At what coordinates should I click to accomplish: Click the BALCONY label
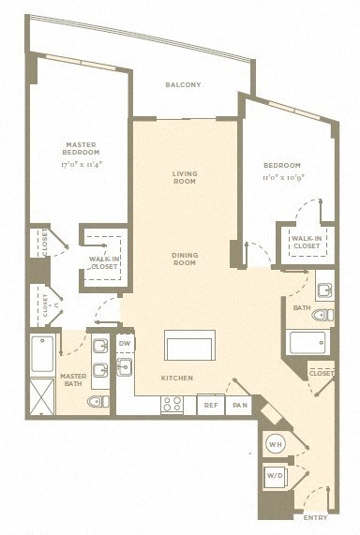tap(183, 85)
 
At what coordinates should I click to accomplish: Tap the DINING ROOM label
tap(184, 258)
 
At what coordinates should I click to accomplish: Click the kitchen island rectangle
tap(189, 345)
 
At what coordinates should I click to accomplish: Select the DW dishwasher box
tap(125, 344)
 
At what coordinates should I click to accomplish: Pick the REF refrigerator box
tap(211, 405)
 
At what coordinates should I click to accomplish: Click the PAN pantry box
tap(239, 405)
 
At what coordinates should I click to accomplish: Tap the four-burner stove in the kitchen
tap(172, 405)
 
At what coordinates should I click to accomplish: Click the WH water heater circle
tap(276, 442)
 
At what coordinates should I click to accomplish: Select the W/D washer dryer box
tap(276, 476)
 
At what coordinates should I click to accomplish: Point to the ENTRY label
tap(316, 517)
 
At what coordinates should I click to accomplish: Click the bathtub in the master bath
tap(43, 354)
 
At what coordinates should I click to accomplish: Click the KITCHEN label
tap(176, 378)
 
